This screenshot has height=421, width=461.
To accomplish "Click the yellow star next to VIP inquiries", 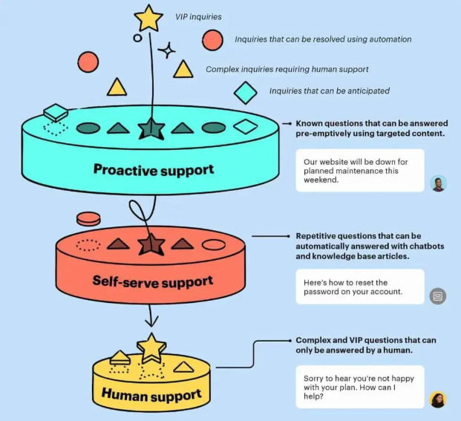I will tap(148, 18).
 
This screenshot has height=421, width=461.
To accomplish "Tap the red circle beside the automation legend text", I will tap(213, 40).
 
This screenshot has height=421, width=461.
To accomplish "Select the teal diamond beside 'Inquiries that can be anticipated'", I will tap(246, 92).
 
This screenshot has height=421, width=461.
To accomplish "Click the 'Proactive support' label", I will tap(154, 169).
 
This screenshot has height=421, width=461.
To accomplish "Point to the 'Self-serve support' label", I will tap(153, 281).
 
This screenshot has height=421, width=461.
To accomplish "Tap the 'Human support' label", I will tap(151, 394).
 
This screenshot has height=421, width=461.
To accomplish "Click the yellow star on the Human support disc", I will tap(151, 346).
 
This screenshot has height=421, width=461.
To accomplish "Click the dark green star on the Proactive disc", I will tap(151, 128).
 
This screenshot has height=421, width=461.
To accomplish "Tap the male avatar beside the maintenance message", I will tap(438, 183).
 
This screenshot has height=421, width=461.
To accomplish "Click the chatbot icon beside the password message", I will tap(438, 296).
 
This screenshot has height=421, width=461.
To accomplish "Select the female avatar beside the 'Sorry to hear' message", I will tap(438, 399).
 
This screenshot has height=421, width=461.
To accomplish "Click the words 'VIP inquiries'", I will tap(198, 16).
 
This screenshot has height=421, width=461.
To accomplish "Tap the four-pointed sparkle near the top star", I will tap(168, 50).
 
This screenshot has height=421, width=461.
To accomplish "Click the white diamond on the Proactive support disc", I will tap(245, 127).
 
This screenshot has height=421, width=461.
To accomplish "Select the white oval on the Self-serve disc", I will tap(214, 244).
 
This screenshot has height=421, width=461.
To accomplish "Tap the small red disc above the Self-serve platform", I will tap(88, 218).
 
